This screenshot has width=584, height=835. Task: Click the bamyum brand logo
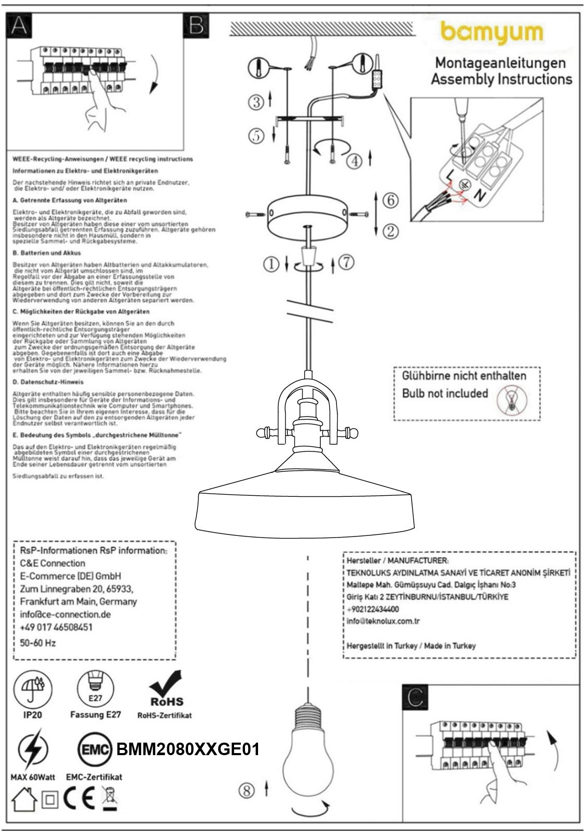click(x=492, y=33)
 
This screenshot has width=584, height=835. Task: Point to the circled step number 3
click(x=256, y=102)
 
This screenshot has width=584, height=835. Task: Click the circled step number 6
click(x=390, y=200)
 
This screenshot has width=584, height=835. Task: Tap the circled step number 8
click(x=247, y=791)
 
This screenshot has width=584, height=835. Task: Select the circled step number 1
click(x=271, y=265)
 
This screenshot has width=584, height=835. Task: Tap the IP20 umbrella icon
click(x=32, y=688)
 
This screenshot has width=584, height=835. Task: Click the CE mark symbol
click(x=79, y=798)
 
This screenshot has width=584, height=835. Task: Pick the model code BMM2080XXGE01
click(x=188, y=750)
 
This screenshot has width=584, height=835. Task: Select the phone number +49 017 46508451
click(x=56, y=627)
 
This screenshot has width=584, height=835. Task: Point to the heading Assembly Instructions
click(x=501, y=79)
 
